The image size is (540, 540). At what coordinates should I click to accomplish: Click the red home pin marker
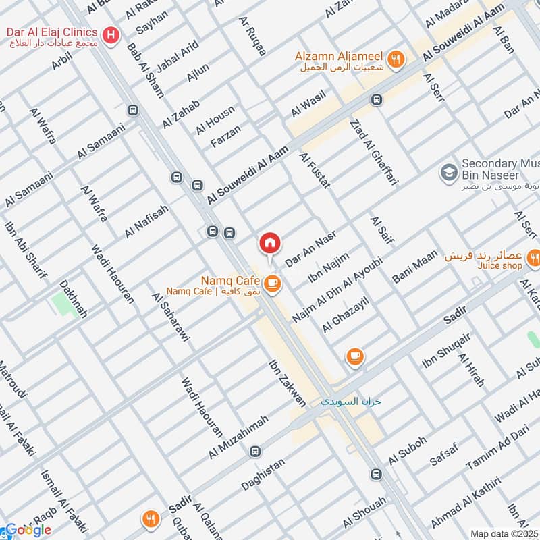point(270,242)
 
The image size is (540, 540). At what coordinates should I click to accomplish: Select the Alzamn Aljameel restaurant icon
point(397,59)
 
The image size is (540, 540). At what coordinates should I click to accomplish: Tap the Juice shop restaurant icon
point(534,257)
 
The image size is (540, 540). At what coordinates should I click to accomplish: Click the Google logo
point(28,530)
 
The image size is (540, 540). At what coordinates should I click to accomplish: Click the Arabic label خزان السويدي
point(351,401)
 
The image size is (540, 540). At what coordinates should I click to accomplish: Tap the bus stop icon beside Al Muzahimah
point(254,451)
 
